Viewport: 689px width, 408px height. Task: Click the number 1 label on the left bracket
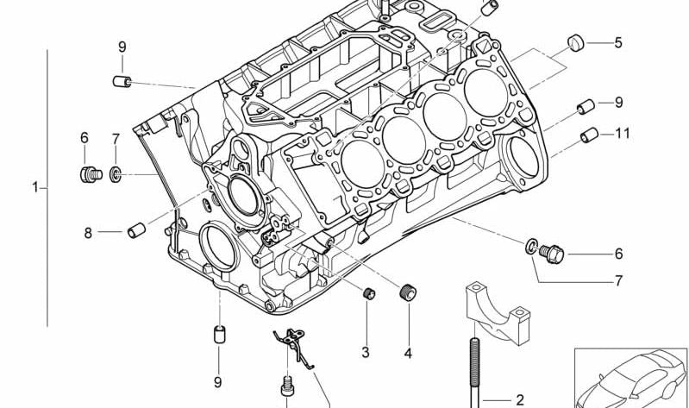click(x=35, y=186)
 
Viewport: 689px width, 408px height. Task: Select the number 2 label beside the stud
click(x=519, y=399)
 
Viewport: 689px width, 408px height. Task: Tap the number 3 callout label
click(x=365, y=352)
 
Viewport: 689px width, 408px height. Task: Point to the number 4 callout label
click(x=407, y=353)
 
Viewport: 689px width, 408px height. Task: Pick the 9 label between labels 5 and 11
click(x=617, y=103)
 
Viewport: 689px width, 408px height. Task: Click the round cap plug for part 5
click(x=576, y=42)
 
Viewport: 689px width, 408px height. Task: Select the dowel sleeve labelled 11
click(x=589, y=135)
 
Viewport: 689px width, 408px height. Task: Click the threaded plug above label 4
click(x=407, y=292)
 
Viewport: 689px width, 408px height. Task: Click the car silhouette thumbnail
click(x=632, y=377)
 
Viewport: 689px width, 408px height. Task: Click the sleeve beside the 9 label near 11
click(x=584, y=106)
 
